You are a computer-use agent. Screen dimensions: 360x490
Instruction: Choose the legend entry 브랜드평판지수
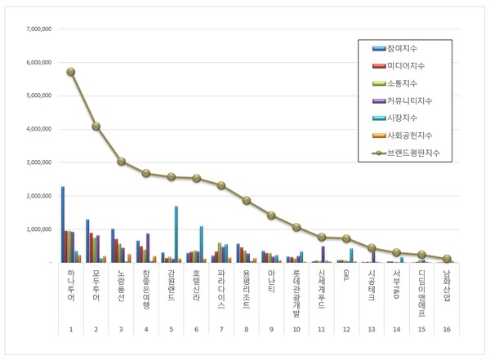coord(416,153)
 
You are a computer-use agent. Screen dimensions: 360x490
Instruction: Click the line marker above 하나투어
coord(71,72)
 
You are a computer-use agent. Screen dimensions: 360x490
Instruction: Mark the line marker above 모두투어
coord(96,127)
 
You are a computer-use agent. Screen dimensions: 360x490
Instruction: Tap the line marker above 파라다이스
coord(221,185)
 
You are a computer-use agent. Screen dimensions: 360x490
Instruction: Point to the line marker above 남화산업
coord(447,259)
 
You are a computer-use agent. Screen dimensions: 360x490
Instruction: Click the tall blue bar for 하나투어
coord(63,224)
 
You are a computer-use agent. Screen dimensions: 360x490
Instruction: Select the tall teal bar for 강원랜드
coord(176,234)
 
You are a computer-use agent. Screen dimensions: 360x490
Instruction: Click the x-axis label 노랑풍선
coord(122,285)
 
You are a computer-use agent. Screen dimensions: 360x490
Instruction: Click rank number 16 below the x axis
coord(447,329)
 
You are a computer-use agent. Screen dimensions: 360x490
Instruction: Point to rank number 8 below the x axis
coord(247,329)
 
